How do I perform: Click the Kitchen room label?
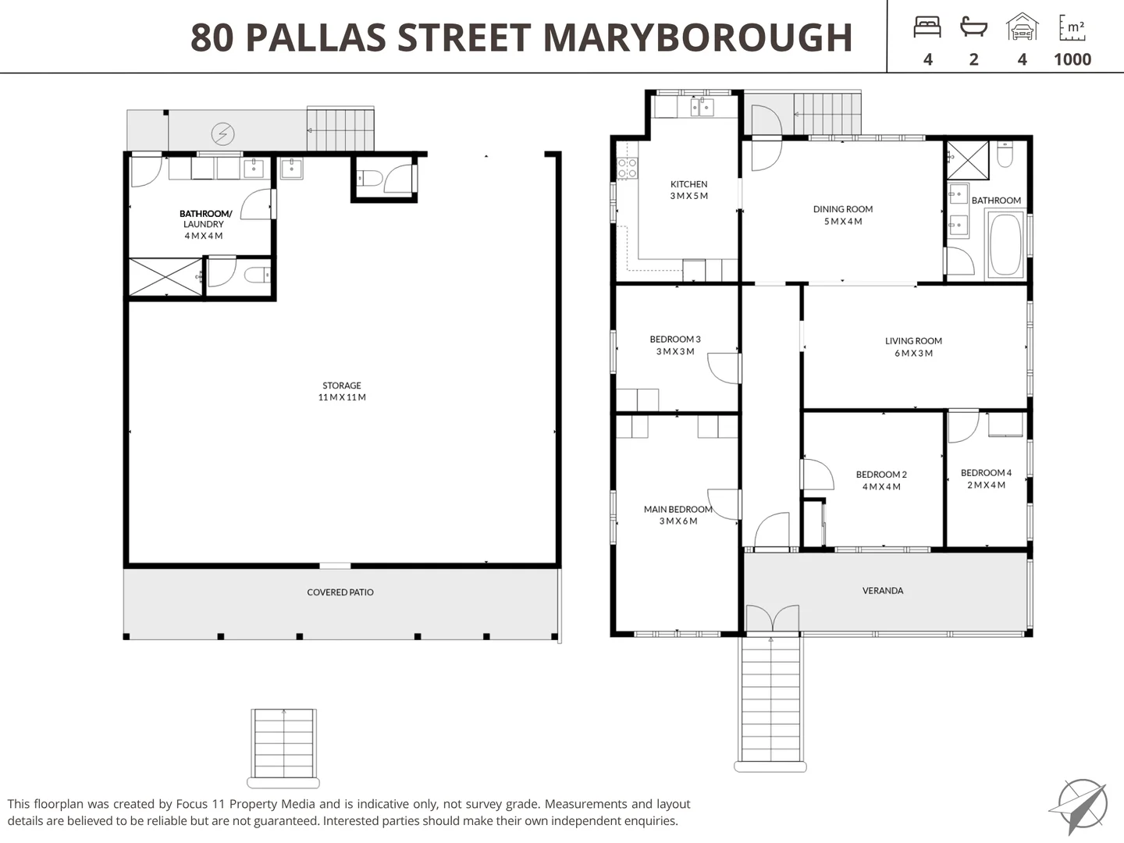click(x=688, y=190)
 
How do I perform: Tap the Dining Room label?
click(x=843, y=215)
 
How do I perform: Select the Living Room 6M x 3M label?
click(x=913, y=347)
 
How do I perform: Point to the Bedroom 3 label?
click(x=675, y=345)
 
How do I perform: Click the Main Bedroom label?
click(x=678, y=515)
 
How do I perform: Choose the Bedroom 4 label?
click(x=987, y=478)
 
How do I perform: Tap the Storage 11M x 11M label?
click(x=342, y=391)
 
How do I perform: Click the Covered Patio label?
click(x=340, y=592)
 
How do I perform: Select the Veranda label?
click(x=883, y=591)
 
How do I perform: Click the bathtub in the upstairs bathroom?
click(x=1005, y=245)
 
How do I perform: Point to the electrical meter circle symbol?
click(x=222, y=134)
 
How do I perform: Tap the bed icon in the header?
click(x=927, y=27)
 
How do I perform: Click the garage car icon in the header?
click(x=1022, y=27)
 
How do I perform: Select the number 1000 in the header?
click(x=1072, y=59)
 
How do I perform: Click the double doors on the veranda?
click(x=772, y=618)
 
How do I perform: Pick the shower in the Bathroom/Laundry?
click(x=165, y=276)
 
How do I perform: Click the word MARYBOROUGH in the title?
click(x=698, y=37)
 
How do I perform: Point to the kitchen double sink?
click(x=702, y=108)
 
